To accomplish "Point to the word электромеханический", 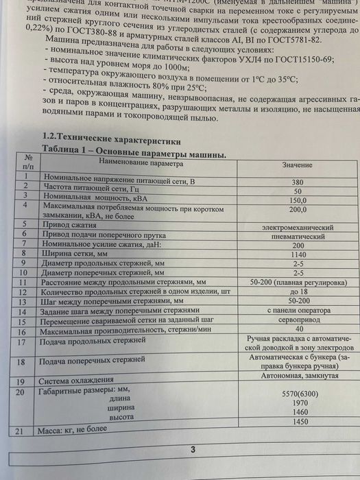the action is (x=297, y=226).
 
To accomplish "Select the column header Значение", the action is (x=297, y=165).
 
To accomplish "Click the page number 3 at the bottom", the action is (x=193, y=450).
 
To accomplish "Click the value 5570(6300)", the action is (x=297, y=394).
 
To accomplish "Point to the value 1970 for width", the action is (x=297, y=405).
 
